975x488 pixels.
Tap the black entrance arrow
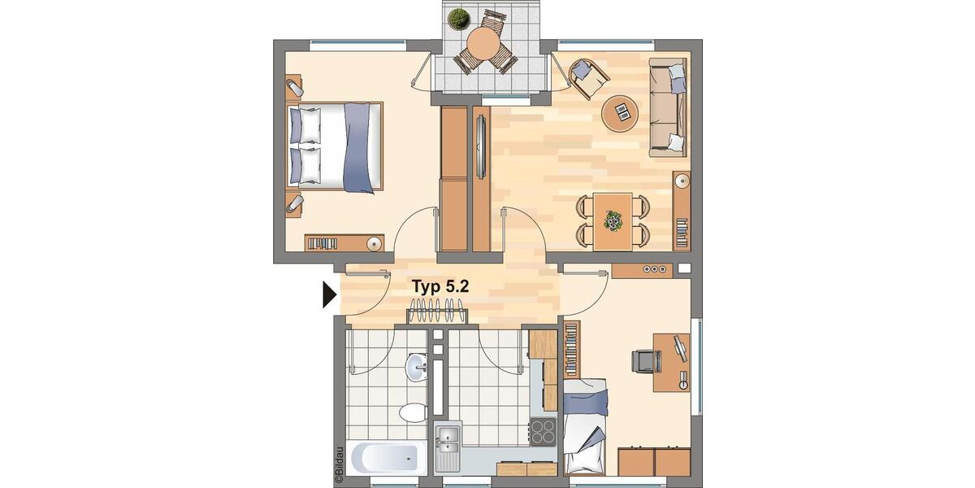click(x=329, y=295)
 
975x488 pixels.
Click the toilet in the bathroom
click(x=412, y=411)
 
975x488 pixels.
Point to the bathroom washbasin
click(x=418, y=367)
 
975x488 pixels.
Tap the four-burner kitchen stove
click(x=543, y=430)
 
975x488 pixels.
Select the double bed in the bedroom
click(x=335, y=147)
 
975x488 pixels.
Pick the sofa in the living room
click(x=669, y=108)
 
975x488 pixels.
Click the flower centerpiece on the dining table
click(x=613, y=219)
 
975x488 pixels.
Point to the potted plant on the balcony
click(x=459, y=18)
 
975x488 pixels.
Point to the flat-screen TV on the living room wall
click(x=481, y=147)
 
